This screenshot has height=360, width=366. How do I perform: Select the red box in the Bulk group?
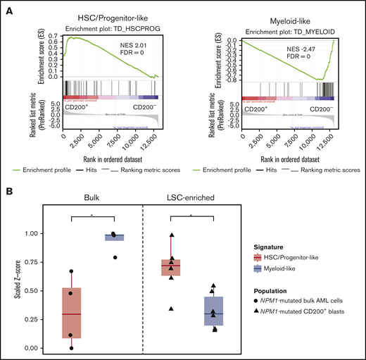(x=72, y=313)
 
